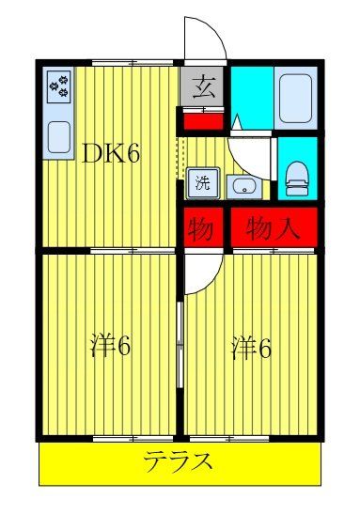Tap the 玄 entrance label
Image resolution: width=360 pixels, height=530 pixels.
tap(202, 89)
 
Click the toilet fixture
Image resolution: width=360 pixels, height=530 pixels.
tap(297, 173)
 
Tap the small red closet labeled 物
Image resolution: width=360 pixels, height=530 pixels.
tap(201, 226)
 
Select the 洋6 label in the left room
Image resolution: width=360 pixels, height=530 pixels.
tap(109, 347)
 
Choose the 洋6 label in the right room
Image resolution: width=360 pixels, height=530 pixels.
tap(252, 348)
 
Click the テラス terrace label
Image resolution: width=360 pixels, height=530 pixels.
tap(178, 462)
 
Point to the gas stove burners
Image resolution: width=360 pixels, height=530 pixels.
tap(59, 86)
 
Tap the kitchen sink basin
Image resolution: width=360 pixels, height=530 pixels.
tap(58, 137)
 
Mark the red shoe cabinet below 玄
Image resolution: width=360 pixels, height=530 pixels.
tap(202, 119)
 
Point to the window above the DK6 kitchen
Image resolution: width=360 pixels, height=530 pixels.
tap(132, 63)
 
